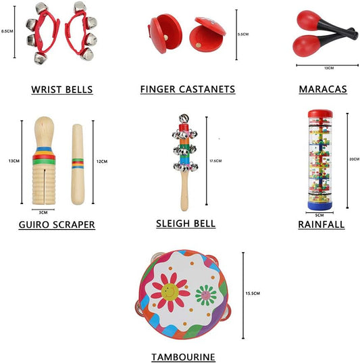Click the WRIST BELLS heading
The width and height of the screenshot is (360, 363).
tap(62, 89)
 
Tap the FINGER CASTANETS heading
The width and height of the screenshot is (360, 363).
tap(188, 89)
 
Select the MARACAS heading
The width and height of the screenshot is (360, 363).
tap(323, 89)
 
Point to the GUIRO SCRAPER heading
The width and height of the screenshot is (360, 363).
tap(57, 224)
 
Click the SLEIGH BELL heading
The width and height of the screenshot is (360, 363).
tap(186, 223)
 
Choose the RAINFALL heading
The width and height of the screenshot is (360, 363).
tap(322, 224)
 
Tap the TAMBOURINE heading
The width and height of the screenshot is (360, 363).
tap(183, 357)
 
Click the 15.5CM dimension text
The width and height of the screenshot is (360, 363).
tap(253, 293)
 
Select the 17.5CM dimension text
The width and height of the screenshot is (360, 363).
tap(215, 161)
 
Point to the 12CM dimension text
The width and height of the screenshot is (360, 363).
tap(102, 162)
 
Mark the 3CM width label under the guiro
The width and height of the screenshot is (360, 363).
tap(43, 212)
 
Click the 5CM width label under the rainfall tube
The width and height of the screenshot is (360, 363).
tap(319, 216)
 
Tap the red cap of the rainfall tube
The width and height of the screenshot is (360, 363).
tap(320, 114)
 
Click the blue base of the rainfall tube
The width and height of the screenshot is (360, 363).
tap(319, 205)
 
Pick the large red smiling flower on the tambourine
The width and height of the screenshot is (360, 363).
tap(170, 292)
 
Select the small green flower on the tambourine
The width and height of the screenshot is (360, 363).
tap(206, 295)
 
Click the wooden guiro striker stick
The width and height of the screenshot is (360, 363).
tap(78, 164)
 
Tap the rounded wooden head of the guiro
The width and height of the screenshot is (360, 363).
tap(44, 130)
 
